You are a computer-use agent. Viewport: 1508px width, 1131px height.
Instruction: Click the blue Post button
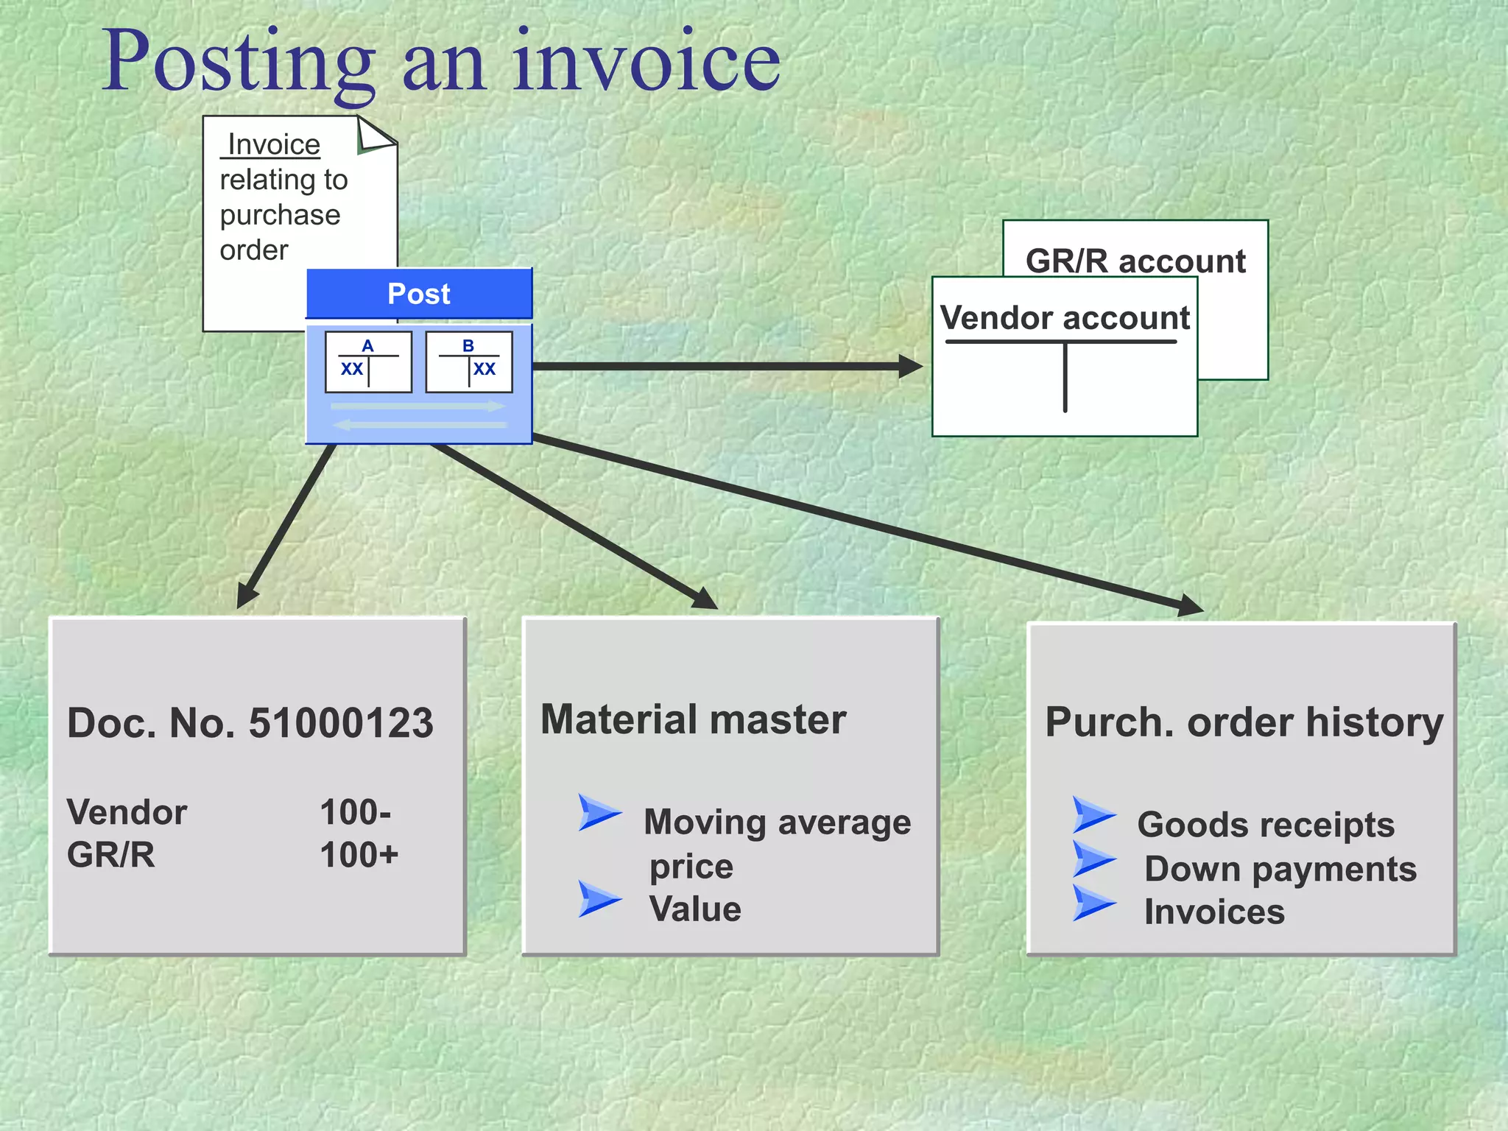coord(418,294)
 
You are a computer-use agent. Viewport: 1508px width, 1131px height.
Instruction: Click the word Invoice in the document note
coord(273,144)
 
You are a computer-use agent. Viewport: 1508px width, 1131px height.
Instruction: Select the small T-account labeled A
coord(368,362)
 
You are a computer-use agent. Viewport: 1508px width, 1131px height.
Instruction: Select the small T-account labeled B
coord(469,362)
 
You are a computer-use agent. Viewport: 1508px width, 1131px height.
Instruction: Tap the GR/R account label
coord(1135,261)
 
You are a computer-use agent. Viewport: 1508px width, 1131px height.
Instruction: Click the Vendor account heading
coord(1065,318)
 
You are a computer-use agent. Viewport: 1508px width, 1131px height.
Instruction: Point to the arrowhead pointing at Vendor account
coord(912,366)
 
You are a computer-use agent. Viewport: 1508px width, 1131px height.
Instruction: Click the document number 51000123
coord(341,723)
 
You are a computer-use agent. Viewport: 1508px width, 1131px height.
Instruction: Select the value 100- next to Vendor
coord(355,813)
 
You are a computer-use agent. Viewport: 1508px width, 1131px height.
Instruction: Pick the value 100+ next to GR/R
coord(359,856)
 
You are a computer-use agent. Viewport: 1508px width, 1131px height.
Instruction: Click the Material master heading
coord(693,719)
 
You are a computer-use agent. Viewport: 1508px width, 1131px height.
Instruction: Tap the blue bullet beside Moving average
coord(599,812)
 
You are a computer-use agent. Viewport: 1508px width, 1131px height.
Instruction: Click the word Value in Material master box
coord(694,909)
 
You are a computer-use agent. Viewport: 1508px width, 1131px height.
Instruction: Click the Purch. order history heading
coord(1244,722)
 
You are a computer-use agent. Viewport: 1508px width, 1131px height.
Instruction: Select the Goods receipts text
coord(1266,825)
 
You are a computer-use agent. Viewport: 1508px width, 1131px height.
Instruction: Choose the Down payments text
coord(1280,870)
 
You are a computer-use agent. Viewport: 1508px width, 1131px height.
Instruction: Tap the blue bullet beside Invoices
coord(1093,903)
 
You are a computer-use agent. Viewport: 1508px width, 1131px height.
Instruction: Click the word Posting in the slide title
coord(238,62)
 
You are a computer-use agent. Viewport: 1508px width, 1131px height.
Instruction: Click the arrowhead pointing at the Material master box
coord(705,599)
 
